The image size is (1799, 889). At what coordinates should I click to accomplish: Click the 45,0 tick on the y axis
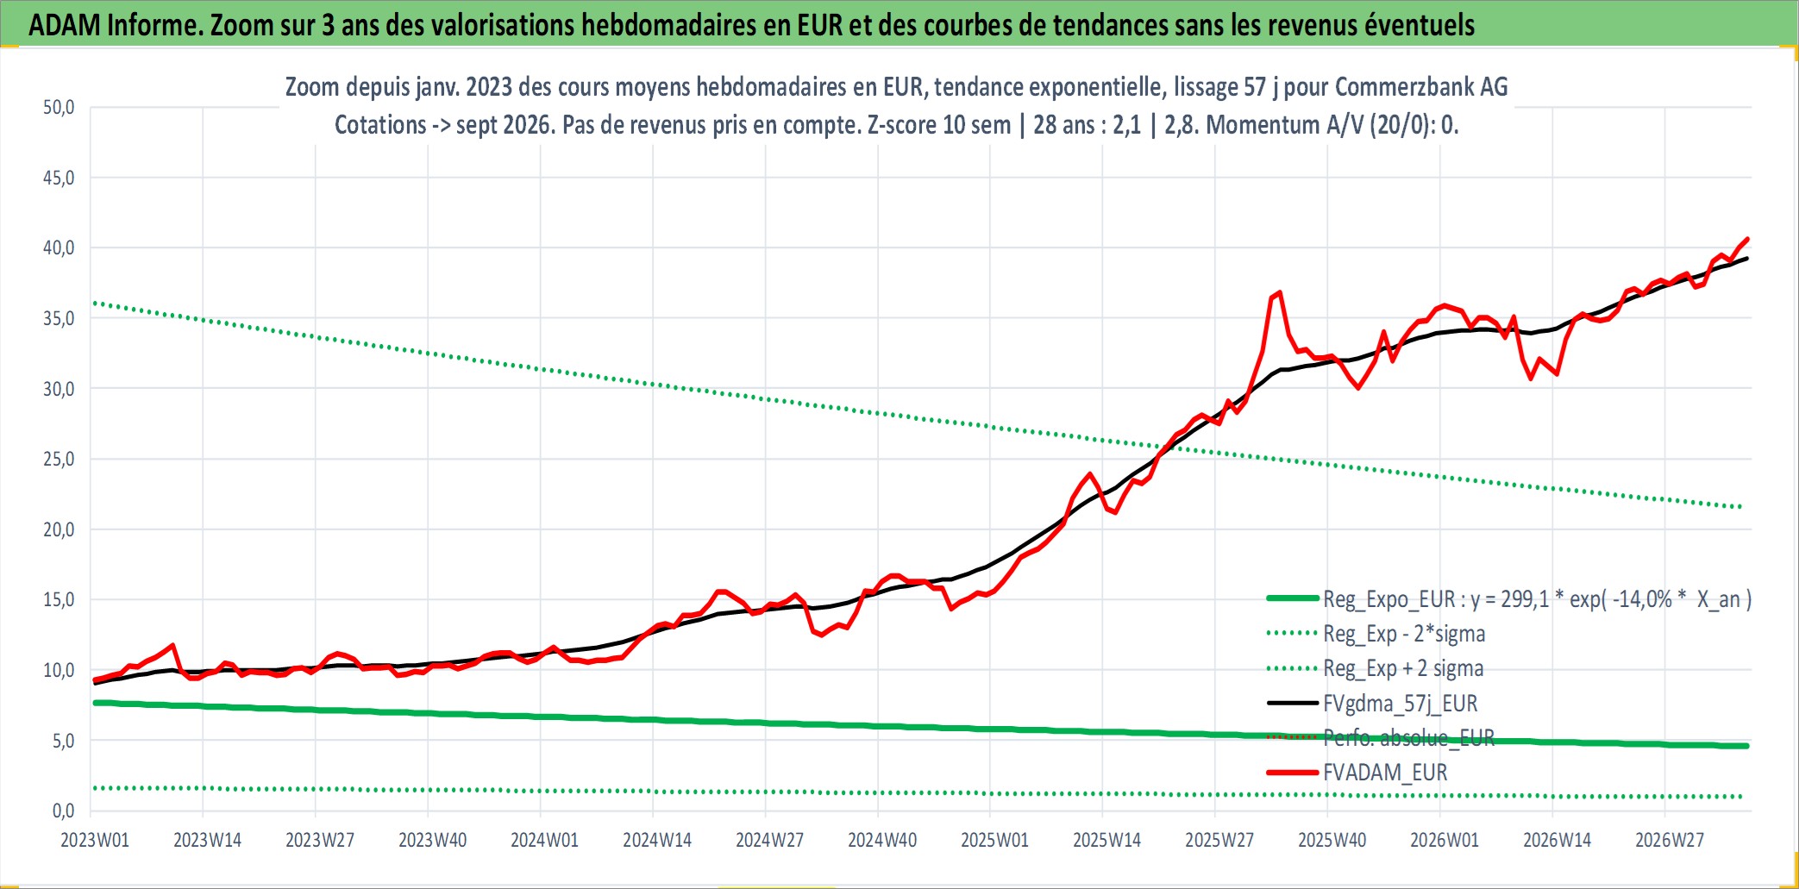coord(59,178)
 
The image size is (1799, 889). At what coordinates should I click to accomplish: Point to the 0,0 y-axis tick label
coord(64,811)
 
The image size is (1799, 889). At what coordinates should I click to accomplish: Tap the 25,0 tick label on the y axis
coord(59,459)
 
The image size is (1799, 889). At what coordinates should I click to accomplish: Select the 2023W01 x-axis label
coord(95,840)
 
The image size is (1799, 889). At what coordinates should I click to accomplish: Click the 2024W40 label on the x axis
coord(882,840)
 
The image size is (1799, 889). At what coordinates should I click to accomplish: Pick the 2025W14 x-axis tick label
coord(1106,840)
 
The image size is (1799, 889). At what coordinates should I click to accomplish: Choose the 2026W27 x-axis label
coord(1670,840)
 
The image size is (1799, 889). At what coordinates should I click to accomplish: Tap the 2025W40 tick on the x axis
coord(1332,840)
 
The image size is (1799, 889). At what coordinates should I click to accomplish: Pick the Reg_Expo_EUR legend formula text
coord(1537,599)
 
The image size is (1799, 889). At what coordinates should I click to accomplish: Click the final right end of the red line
coord(1747,239)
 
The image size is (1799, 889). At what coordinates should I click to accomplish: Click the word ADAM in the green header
coord(65,25)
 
